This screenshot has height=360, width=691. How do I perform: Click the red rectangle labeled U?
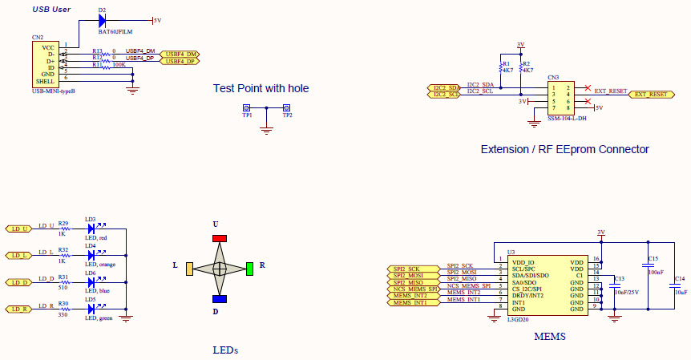tap(219, 238)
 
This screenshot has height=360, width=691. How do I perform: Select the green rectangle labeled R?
tap(250, 268)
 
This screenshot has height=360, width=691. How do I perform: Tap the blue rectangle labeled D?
tap(219, 299)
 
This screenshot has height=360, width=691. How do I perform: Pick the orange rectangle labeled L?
tap(188, 269)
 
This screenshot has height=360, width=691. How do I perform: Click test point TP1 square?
tap(246, 107)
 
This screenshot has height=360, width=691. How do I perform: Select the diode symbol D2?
tap(103, 20)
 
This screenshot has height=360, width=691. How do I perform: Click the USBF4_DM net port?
tap(180, 54)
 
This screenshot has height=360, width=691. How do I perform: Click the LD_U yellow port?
tap(18, 229)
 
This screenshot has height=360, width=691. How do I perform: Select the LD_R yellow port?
tap(18, 309)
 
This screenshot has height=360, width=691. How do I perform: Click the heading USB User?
tap(51, 10)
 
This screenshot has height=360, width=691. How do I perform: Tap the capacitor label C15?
tap(653, 259)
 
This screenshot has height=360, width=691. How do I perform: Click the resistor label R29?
tap(63, 223)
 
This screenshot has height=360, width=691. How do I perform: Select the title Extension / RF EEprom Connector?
tap(564, 149)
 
